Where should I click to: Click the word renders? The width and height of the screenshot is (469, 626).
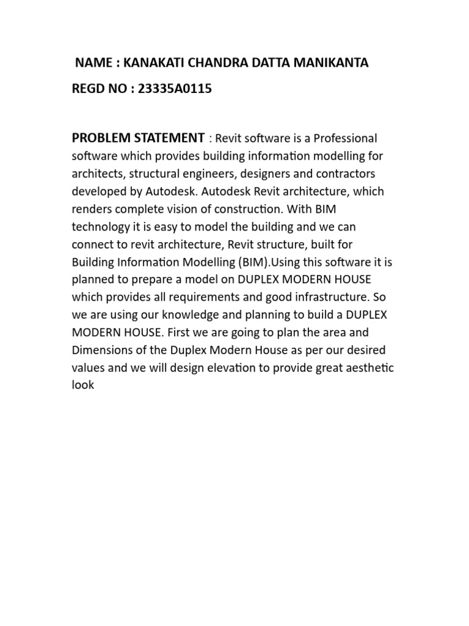[x=92, y=209]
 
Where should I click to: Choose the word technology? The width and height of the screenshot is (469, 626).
[x=101, y=227]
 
